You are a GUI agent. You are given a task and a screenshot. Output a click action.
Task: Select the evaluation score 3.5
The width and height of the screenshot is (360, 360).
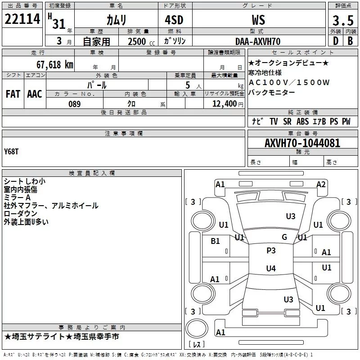click(x=342, y=21)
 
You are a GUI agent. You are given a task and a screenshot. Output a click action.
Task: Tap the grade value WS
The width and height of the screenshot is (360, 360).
click(x=258, y=20)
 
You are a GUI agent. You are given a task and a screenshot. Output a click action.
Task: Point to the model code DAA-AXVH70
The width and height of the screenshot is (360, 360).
click(x=258, y=41)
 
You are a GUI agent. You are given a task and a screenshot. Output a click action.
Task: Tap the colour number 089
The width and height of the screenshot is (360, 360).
click(x=75, y=104)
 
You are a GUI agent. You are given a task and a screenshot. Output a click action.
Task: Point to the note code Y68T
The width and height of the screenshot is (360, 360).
click(x=11, y=151)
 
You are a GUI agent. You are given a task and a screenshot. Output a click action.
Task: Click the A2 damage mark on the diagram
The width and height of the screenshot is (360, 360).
click(x=321, y=184)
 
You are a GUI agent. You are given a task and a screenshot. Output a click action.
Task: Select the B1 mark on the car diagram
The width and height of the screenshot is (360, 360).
click(x=216, y=241)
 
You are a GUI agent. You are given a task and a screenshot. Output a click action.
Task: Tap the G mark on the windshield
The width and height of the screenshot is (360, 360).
click(x=284, y=237)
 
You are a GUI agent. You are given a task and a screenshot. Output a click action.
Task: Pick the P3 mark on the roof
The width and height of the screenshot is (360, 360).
click(x=271, y=251)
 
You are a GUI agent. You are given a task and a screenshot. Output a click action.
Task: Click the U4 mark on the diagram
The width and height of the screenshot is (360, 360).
click(x=270, y=269)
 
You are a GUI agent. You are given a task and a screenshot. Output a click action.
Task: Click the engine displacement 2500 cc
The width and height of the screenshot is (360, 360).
click(x=138, y=41)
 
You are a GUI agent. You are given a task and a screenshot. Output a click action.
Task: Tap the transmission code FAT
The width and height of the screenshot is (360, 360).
click(x=13, y=94)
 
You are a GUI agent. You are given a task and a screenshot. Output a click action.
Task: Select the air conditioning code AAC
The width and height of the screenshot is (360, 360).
click(x=35, y=94)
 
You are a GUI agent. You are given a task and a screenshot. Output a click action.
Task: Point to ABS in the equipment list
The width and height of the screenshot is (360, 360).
click(x=302, y=121)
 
